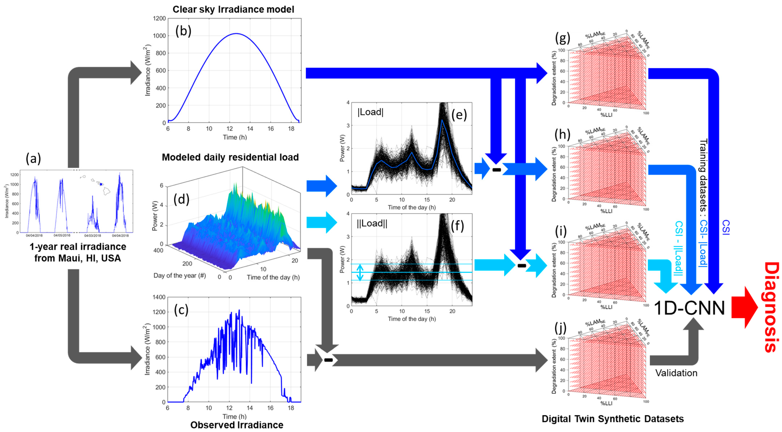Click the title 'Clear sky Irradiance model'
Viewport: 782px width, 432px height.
tap(233, 9)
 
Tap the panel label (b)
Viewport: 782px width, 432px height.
tap(183, 31)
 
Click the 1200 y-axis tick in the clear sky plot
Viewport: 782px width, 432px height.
tap(159, 19)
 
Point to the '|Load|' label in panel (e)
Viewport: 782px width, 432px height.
tap(370, 112)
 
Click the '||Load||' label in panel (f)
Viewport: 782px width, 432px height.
tap(372, 223)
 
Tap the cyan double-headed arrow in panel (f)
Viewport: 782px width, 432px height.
tap(360, 272)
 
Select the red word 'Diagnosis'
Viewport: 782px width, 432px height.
tap(771, 307)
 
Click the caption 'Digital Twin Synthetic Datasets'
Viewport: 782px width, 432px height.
tap(613, 419)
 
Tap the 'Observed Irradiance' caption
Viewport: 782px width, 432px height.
tap(237, 425)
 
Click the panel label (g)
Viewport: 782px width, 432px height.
tap(562, 38)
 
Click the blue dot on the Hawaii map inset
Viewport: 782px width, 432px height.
tap(101, 184)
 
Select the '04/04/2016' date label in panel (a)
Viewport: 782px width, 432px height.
tap(34, 235)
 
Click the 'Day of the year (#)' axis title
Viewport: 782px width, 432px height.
tap(179, 275)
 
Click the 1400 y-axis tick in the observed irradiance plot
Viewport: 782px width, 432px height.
tap(159, 297)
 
